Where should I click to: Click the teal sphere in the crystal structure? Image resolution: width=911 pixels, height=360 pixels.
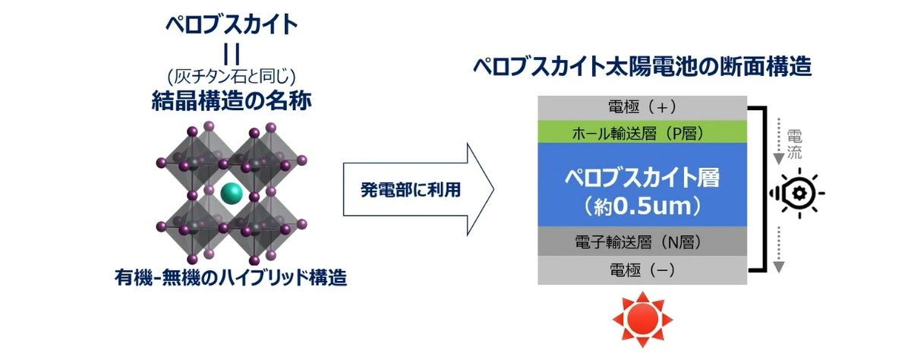[x=232, y=192]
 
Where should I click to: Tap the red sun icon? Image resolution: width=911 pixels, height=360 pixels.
[x=642, y=319]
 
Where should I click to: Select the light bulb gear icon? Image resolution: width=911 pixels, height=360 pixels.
[x=798, y=193]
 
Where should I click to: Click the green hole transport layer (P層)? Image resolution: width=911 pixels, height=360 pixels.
[x=642, y=132]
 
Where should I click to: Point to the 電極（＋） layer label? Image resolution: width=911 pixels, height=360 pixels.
[x=642, y=107]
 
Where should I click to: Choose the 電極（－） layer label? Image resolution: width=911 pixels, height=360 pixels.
[x=642, y=270]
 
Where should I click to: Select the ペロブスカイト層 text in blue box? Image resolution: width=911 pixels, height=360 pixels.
[x=642, y=178]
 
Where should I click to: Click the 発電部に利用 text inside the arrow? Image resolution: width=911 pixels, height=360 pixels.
[x=411, y=190]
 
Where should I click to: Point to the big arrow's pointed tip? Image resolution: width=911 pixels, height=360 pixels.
[x=494, y=189]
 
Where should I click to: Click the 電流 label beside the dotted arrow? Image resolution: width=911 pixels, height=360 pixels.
[x=794, y=144]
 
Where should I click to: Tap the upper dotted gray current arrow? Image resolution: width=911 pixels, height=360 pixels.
[x=778, y=141]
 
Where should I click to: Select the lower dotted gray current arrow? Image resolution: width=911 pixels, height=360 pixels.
[x=778, y=249]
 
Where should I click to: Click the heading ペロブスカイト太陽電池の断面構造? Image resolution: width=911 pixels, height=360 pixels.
[x=642, y=66]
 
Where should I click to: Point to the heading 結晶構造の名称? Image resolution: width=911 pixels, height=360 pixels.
[x=232, y=101]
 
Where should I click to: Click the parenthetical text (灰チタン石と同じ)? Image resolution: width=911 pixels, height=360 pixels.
[x=232, y=76]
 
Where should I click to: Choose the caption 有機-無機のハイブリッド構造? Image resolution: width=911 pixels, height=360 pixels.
[x=231, y=278]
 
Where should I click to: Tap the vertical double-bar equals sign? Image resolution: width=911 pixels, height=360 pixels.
[x=232, y=54]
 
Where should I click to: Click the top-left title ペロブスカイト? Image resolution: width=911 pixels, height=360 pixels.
[x=232, y=24]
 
